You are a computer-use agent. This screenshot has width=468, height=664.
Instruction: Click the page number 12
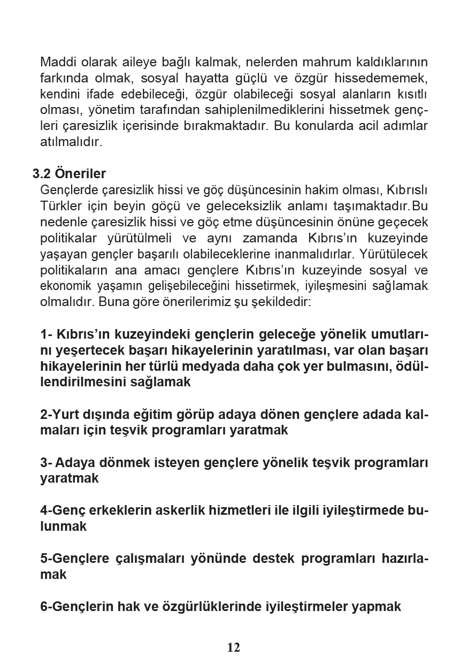[x=234, y=647]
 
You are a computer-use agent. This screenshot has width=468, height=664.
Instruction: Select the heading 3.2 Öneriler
[x=69, y=174]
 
